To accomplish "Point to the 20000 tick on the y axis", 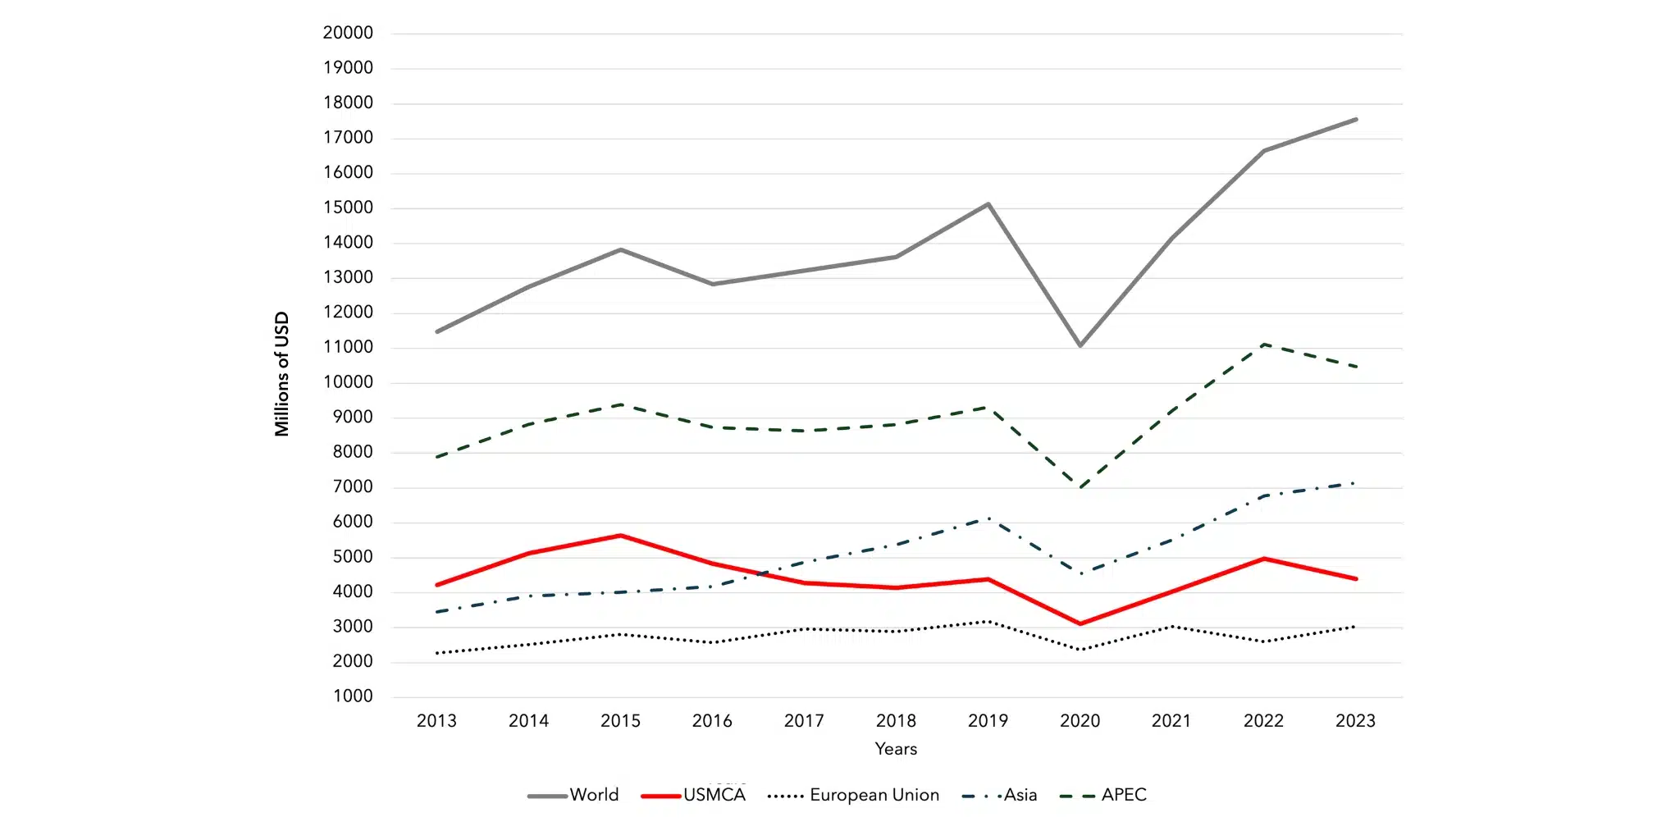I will pyautogui.click(x=348, y=33).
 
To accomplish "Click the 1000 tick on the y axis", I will pyautogui.click(x=353, y=696).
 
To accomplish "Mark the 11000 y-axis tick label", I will pyautogui.click(x=348, y=347).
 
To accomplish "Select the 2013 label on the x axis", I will pyautogui.click(x=436, y=721).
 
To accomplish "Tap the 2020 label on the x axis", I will pyautogui.click(x=1080, y=721).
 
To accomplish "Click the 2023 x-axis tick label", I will pyautogui.click(x=1355, y=721).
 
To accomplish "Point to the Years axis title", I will pyautogui.click(x=896, y=749).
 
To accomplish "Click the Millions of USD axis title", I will pyautogui.click(x=282, y=374).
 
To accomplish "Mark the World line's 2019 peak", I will pyautogui.click(x=988, y=204).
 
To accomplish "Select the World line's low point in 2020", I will pyautogui.click(x=1080, y=345).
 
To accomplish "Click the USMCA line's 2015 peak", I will pyautogui.click(x=620, y=536).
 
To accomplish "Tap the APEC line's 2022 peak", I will pyautogui.click(x=1264, y=345).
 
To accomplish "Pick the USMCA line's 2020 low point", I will pyautogui.click(x=1080, y=623).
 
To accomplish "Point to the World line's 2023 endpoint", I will pyautogui.click(x=1355, y=120).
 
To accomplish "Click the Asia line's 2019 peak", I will pyautogui.click(x=988, y=518).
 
